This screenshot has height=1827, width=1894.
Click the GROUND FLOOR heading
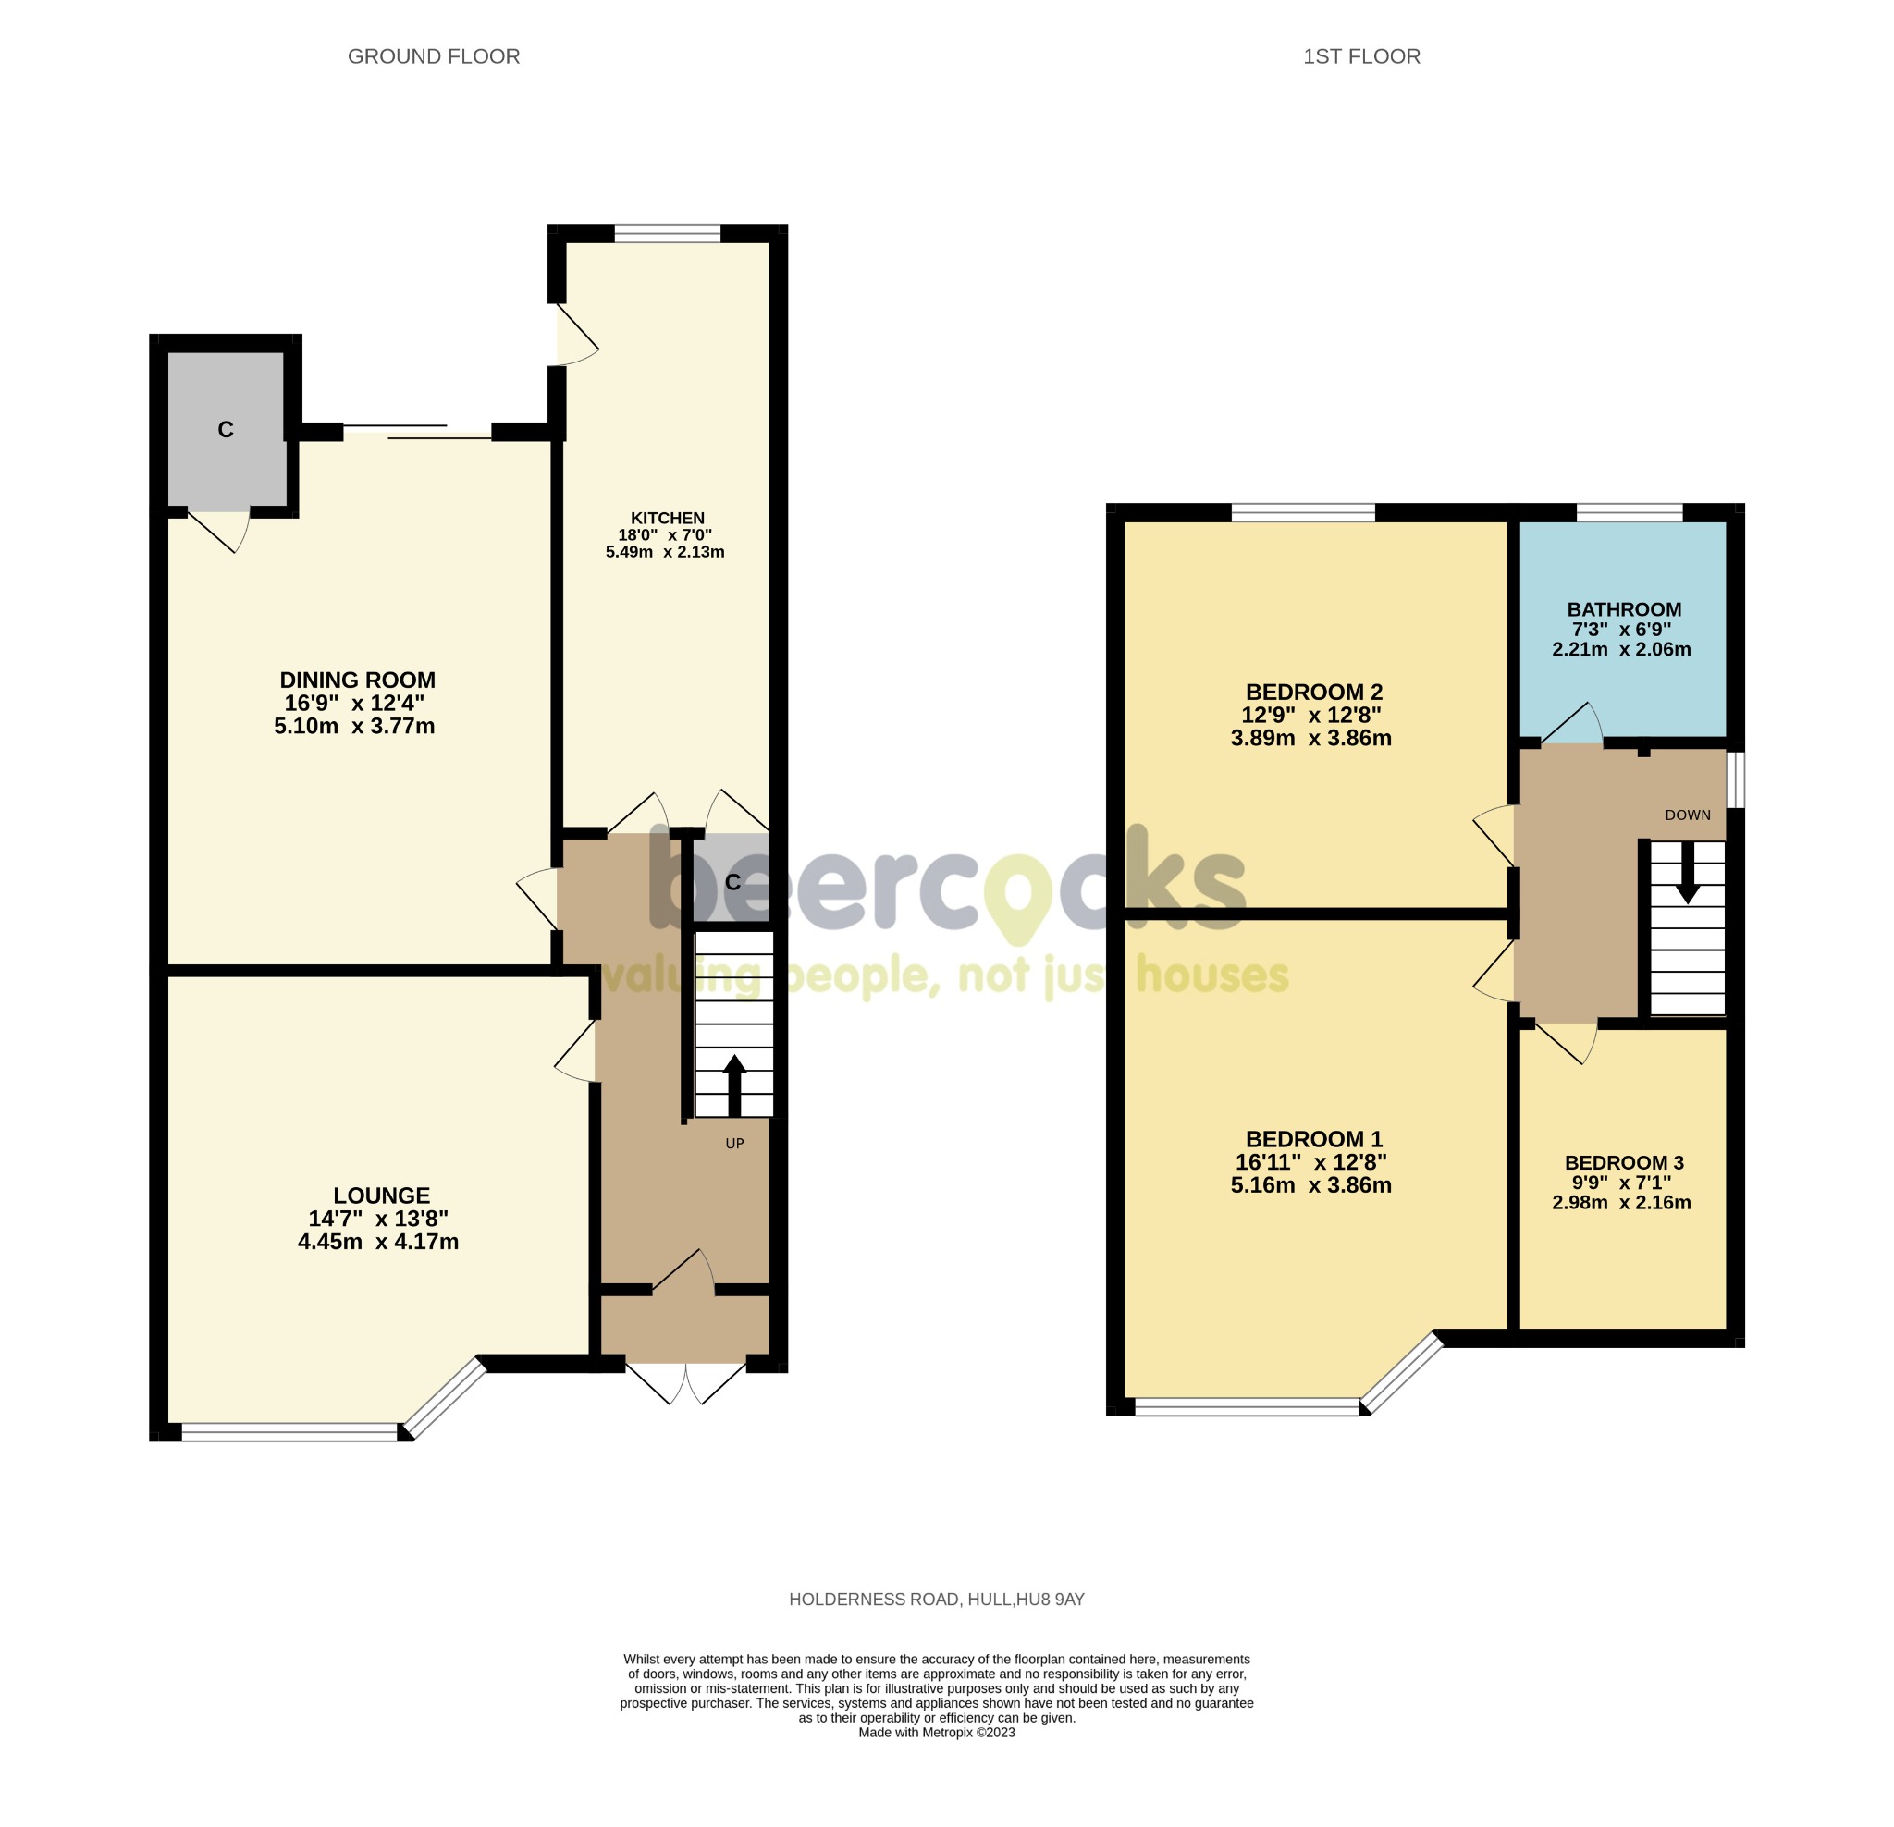click(x=433, y=57)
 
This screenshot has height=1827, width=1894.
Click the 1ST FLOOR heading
click(x=1360, y=57)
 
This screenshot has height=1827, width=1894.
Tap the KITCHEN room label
click(x=667, y=518)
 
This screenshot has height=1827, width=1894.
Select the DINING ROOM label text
click(x=358, y=680)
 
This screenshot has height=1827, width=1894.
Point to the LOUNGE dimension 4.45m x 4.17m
click(x=378, y=1242)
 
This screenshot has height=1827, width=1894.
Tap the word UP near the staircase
click(x=734, y=1143)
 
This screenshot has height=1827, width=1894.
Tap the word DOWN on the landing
click(x=1687, y=815)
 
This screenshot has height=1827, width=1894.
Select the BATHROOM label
click(x=1623, y=609)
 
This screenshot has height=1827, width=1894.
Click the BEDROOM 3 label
click(x=1623, y=1162)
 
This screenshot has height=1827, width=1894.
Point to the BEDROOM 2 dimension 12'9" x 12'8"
click(x=1310, y=715)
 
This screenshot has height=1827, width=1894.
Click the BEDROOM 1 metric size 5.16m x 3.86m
click(x=1310, y=1184)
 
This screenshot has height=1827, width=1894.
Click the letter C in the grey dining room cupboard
click(x=225, y=430)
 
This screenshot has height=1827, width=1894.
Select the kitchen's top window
click(x=667, y=233)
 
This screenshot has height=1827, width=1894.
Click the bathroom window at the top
click(x=1630, y=512)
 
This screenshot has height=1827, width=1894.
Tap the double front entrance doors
click(x=686, y=1381)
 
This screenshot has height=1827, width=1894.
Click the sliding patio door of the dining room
click(x=417, y=432)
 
